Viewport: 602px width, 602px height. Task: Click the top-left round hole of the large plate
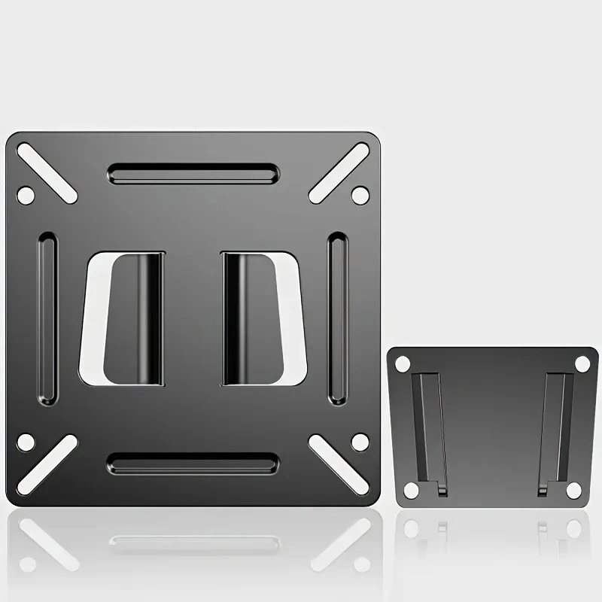pyautogui.click(x=25, y=196)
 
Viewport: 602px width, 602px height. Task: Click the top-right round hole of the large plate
pyautogui.click(x=360, y=196)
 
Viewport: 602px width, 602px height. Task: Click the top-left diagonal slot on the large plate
pyautogui.click(x=47, y=172)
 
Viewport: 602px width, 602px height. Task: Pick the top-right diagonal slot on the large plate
pyautogui.click(x=339, y=172)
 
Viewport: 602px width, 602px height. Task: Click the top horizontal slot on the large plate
pyautogui.click(x=193, y=174)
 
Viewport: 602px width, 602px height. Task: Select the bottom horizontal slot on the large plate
pyautogui.click(x=193, y=463)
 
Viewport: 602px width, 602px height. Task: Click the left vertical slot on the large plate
pyautogui.click(x=47, y=318)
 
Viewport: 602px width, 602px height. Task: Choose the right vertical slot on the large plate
pyautogui.click(x=338, y=318)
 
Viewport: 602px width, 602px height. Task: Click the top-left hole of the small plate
pyautogui.click(x=403, y=363)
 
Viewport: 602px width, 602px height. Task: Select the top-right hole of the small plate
pyautogui.click(x=582, y=363)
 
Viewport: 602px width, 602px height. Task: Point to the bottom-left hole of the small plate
pyautogui.click(x=411, y=491)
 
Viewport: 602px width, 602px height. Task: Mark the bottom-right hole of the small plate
pyautogui.click(x=573, y=491)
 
